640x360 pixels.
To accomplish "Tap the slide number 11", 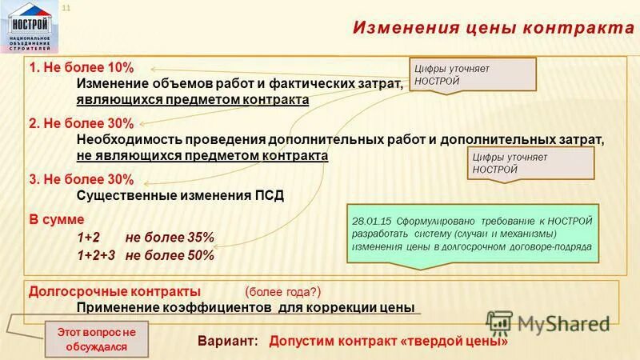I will pyautogui.click(x=66, y=8).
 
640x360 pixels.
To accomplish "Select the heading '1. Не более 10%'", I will pyautogui.click(x=70, y=67).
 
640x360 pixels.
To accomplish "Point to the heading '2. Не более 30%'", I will pyautogui.click(x=70, y=123).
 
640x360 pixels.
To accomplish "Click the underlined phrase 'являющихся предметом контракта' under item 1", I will pyautogui.click(x=192, y=100).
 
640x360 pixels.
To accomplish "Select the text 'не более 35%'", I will pyautogui.click(x=170, y=237).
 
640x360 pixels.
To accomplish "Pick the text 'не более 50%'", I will pyautogui.click(x=170, y=256).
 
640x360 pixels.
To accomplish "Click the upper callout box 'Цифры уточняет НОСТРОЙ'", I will pyautogui.click(x=472, y=75).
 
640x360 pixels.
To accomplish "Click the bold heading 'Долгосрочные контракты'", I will pyautogui.click(x=114, y=290).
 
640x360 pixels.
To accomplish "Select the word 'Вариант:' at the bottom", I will pyautogui.click(x=228, y=341).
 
